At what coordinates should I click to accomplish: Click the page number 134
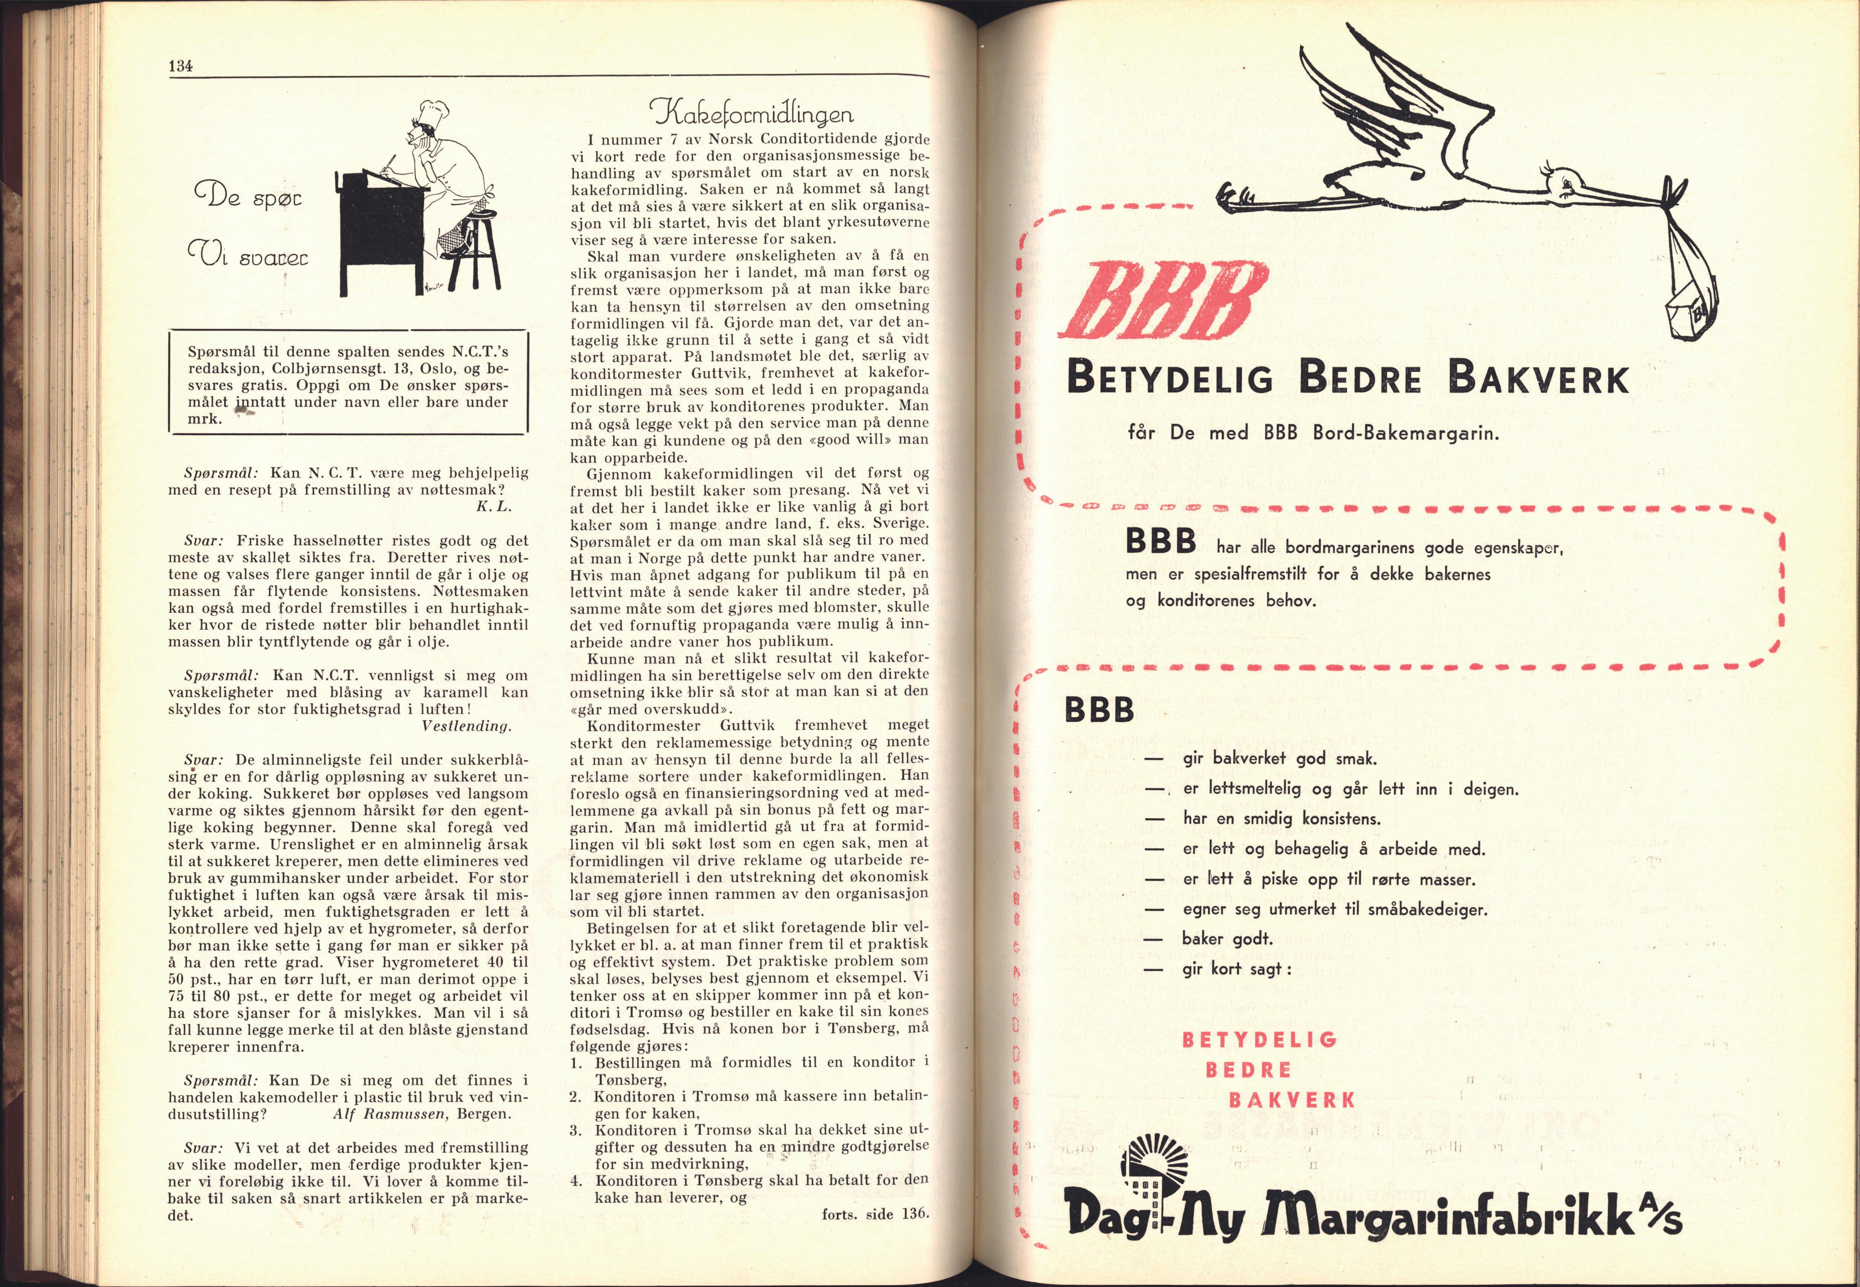[179, 67]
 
